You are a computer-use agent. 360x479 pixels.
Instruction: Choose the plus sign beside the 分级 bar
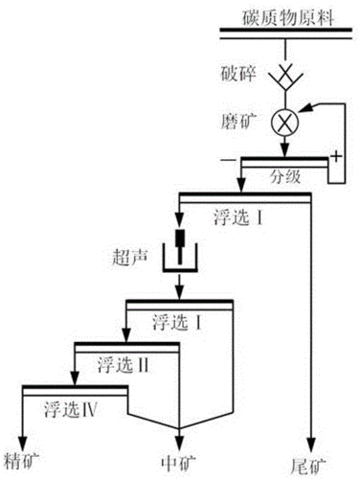pos(336,154)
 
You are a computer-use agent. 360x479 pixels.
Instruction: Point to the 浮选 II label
pos(124,364)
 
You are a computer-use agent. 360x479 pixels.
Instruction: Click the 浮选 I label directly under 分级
pos(239,217)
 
